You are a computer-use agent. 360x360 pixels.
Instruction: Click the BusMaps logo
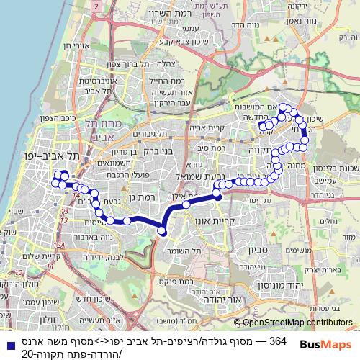coord(326,344)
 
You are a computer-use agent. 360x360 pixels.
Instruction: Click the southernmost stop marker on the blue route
coord(162,231)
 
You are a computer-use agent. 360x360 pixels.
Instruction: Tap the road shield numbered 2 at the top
coord(96,6)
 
